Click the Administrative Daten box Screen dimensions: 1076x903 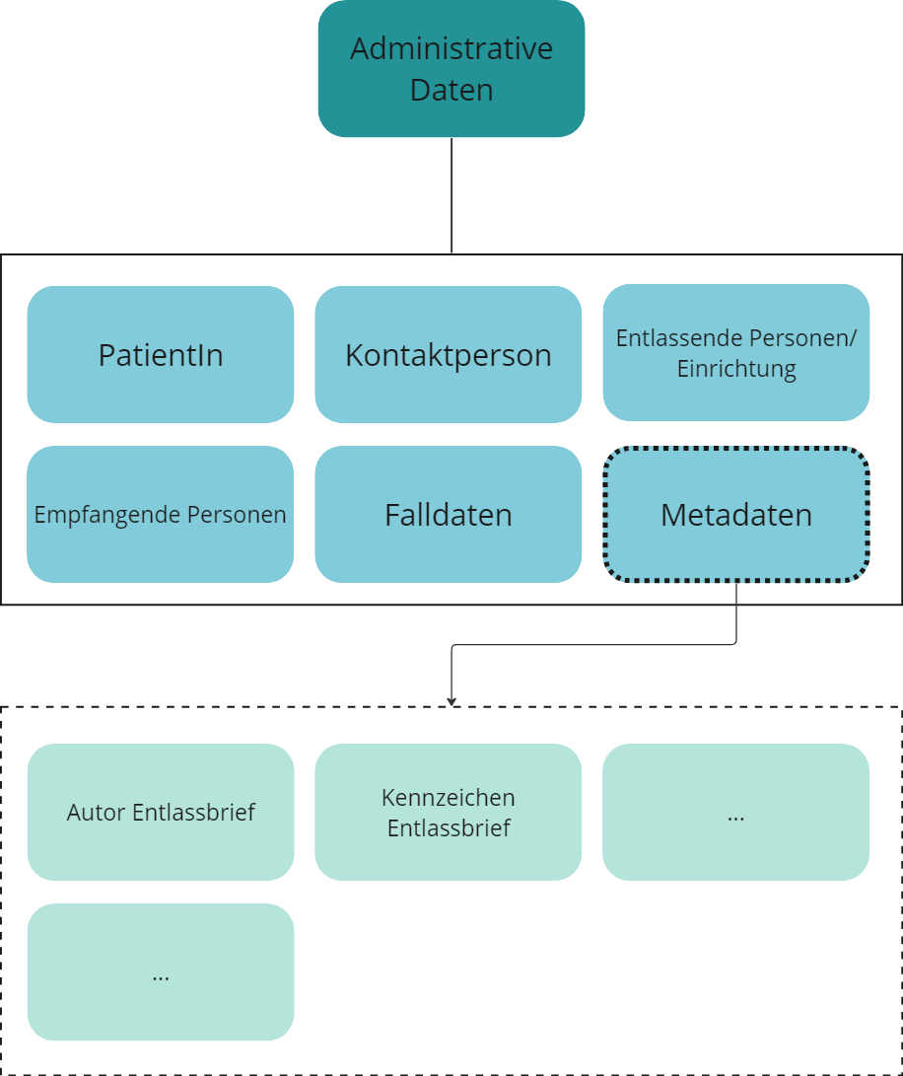click(x=451, y=68)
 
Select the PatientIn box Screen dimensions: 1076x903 click(x=161, y=354)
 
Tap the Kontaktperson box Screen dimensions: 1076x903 click(x=449, y=354)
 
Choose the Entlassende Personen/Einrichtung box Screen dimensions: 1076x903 click(x=736, y=352)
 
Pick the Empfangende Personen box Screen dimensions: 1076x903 click(x=161, y=514)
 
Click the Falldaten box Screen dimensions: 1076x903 click(x=449, y=514)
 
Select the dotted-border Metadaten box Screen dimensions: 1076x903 click(x=736, y=514)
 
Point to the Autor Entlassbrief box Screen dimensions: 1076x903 click(x=161, y=812)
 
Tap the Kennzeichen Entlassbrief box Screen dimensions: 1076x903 click(x=449, y=812)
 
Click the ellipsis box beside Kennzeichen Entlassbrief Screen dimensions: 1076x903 click(x=736, y=812)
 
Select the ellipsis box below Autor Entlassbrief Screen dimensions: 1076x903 click(x=161, y=971)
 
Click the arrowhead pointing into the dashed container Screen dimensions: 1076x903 click(x=451, y=700)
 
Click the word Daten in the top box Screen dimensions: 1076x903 click(x=451, y=91)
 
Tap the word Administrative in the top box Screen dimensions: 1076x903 click(x=451, y=48)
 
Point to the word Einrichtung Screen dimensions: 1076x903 click(x=736, y=371)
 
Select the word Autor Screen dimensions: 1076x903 click(x=97, y=813)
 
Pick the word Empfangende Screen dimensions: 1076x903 click(x=101, y=515)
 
